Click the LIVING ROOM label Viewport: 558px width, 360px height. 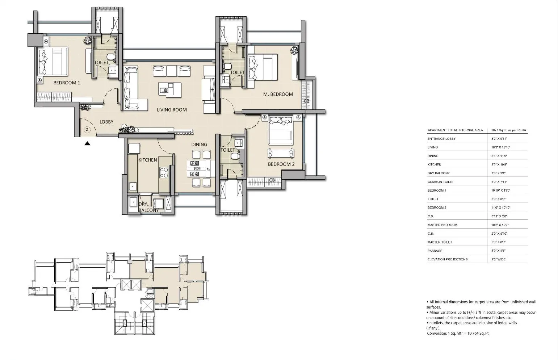pyautogui.click(x=172, y=110)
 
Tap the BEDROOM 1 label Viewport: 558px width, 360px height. pyautogui.click(x=67, y=83)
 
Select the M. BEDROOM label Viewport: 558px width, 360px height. pyautogui.click(x=278, y=94)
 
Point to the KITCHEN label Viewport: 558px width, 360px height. pyautogui.click(x=148, y=160)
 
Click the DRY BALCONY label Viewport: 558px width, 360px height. pyautogui.click(x=148, y=207)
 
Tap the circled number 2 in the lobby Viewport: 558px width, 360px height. pyautogui.click(x=87, y=129)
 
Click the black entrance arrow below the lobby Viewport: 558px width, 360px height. pyautogui.click(x=87, y=143)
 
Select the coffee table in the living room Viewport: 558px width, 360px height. pyautogui.click(x=170, y=89)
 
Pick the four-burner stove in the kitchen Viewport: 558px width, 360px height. pyautogui.click(x=164, y=172)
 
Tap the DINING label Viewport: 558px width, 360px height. pyautogui.click(x=199, y=145)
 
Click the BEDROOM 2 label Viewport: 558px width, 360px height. pyautogui.click(x=281, y=164)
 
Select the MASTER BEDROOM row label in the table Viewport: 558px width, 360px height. pyautogui.click(x=442, y=225)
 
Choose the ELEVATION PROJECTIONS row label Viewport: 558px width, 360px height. pyautogui.click(x=447, y=259)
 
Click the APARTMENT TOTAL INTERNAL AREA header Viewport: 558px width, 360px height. pyautogui.click(x=455, y=130)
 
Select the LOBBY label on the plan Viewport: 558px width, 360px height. pyautogui.click(x=106, y=122)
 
